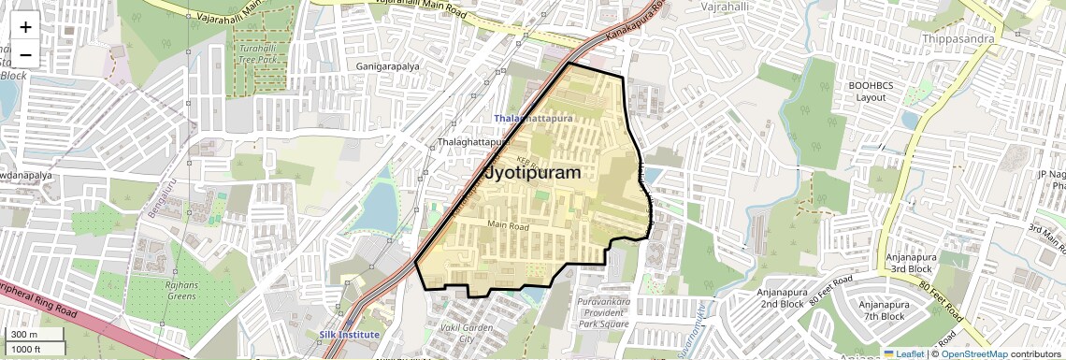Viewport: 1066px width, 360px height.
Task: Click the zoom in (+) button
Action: [25, 27]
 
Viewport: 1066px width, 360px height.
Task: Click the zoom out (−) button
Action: [25, 55]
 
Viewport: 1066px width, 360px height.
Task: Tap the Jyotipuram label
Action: [532, 174]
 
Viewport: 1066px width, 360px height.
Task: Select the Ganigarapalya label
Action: [388, 66]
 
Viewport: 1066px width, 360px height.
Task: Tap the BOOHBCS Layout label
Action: [872, 91]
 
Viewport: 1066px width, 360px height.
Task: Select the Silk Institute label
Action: [349, 334]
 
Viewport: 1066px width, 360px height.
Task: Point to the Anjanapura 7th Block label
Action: [884, 310]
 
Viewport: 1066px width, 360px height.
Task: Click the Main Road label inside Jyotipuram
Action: [508, 225]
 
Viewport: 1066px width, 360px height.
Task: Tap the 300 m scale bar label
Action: [25, 335]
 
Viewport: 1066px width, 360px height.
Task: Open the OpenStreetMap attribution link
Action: [974, 353]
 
